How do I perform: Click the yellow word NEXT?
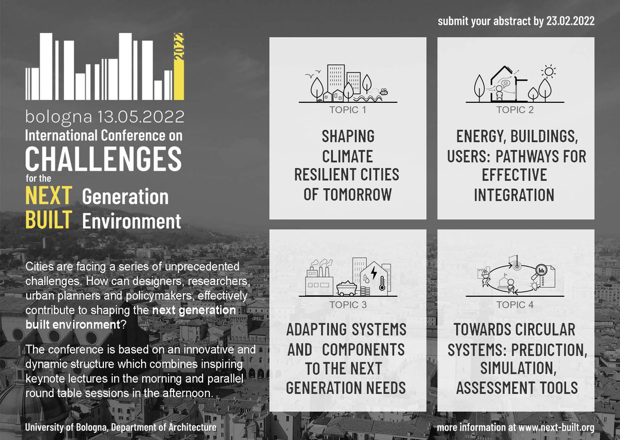point(49,196)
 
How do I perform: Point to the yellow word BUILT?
point(49,220)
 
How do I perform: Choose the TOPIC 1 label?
point(348,110)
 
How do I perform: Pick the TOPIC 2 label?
point(515,110)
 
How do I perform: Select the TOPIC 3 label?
point(348,305)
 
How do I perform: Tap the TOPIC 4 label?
point(515,305)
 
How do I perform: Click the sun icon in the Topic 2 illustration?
point(548,71)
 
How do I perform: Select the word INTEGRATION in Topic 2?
point(514,194)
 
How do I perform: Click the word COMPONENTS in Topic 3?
point(363,349)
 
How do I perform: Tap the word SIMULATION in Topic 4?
point(514,368)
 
